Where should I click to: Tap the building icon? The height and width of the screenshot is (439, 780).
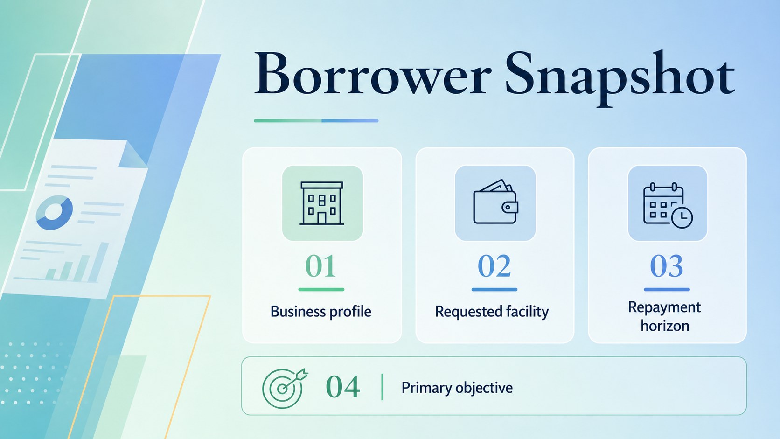(322, 203)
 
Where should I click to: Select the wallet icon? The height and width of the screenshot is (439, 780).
(495, 202)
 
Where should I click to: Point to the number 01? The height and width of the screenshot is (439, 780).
(320, 266)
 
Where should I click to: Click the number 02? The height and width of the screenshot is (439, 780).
(494, 266)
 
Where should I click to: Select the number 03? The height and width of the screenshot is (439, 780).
(667, 266)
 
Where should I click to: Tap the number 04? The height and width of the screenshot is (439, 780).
(342, 387)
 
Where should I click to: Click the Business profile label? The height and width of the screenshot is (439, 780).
(320, 312)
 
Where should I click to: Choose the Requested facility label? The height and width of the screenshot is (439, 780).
(492, 312)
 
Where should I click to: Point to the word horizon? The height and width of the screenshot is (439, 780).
(665, 326)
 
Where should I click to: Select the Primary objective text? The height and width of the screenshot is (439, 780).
(457, 388)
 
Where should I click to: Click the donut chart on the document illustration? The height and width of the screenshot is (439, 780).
(54, 212)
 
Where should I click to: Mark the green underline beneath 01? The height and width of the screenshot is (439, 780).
(321, 290)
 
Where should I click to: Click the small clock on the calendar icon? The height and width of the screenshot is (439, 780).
(682, 217)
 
